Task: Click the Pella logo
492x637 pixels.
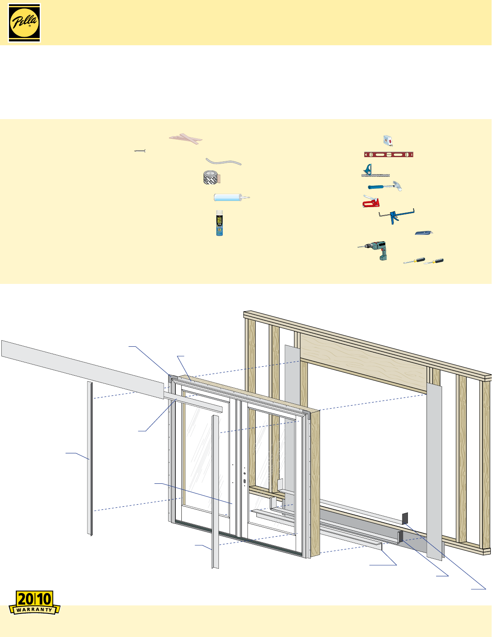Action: [24, 23]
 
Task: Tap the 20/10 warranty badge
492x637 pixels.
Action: [35, 602]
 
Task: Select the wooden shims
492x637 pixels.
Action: [186, 138]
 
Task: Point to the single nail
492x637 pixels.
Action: [140, 151]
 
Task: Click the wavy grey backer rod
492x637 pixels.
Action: [223, 161]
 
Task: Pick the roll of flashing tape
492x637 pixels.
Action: [211, 177]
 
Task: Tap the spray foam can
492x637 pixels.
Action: [219, 223]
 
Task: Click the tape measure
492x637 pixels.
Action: [387, 140]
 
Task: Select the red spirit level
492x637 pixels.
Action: [388, 155]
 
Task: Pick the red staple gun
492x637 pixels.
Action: [370, 202]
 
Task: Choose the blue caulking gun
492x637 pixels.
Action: [395, 216]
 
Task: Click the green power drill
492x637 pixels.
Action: [377, 249]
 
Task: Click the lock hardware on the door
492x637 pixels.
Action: [245, 477]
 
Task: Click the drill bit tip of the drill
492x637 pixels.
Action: [359, 247]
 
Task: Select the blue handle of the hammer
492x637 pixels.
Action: [378, 187]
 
